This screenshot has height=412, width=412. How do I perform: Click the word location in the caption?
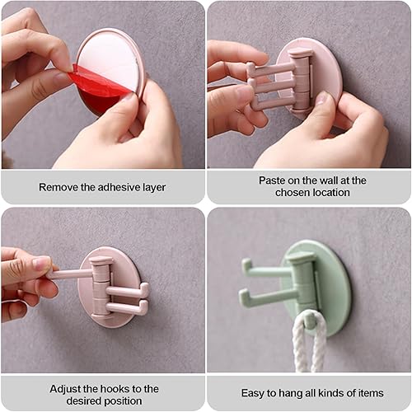click(x=329, y=193)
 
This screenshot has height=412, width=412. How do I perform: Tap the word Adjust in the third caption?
click(x=66, y=388)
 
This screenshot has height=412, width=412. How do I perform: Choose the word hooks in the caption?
click(x=116, y=388)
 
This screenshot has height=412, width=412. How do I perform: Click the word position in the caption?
click(x=127, y=401)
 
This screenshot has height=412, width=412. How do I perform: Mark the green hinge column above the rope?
click(x=303, y=284)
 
